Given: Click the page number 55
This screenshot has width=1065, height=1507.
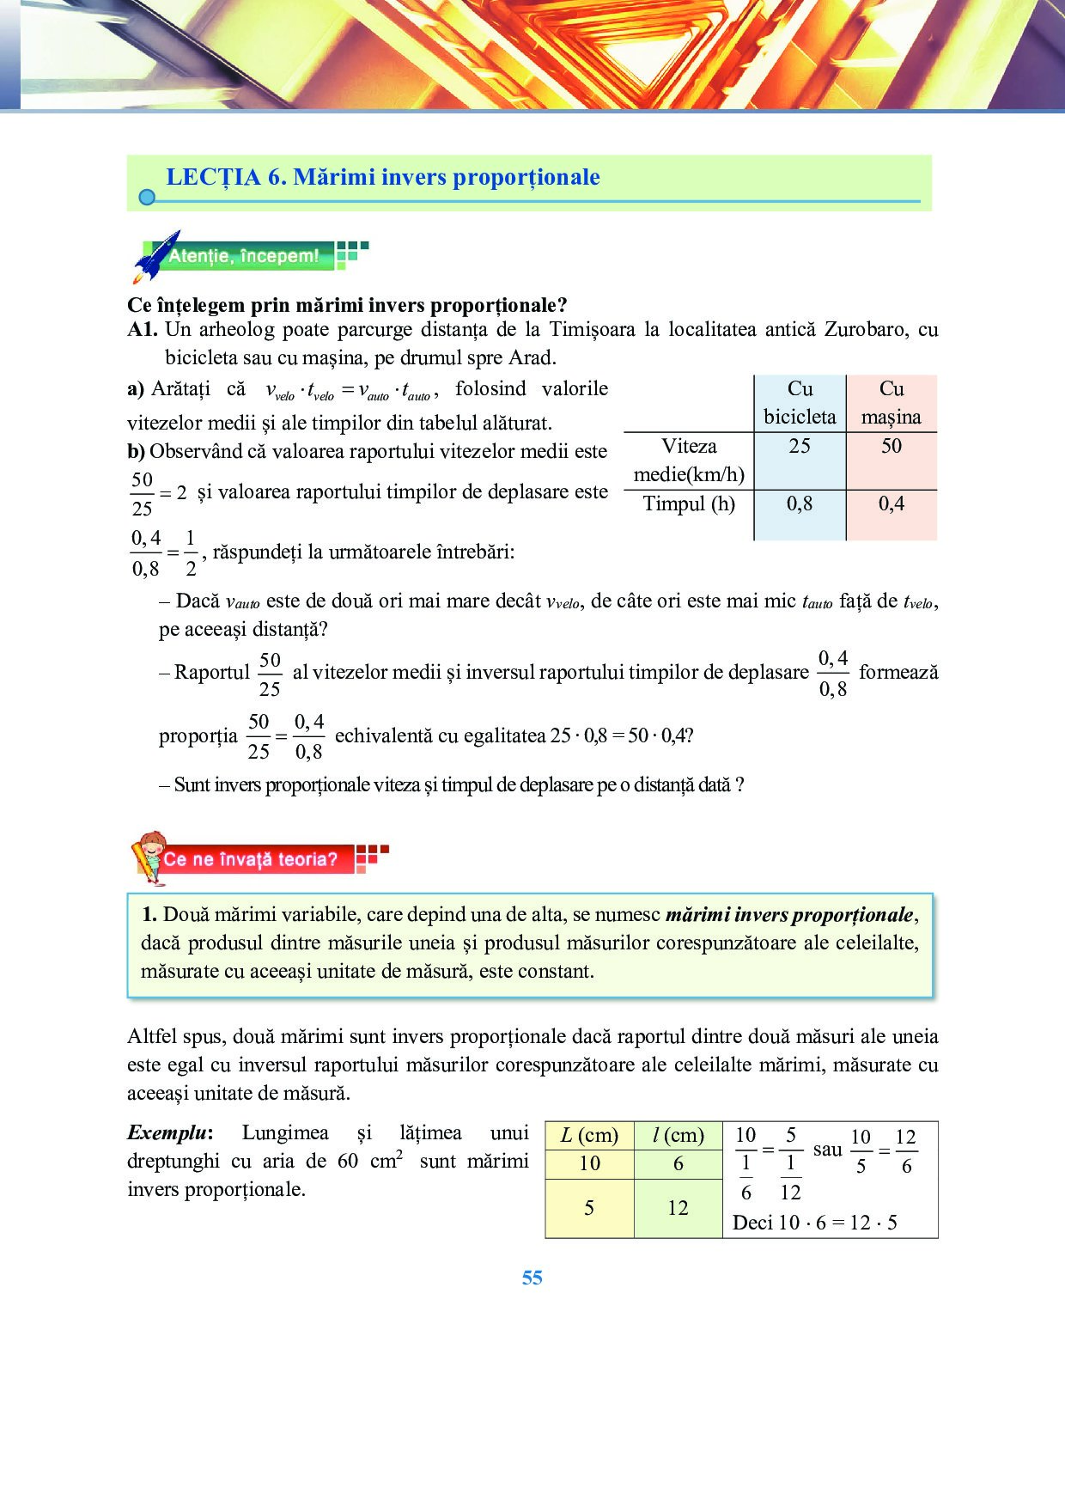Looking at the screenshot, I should [532, 1278].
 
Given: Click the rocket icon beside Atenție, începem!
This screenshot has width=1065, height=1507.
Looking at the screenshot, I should [156, 256].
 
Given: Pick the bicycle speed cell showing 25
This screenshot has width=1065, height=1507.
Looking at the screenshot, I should [800, 446].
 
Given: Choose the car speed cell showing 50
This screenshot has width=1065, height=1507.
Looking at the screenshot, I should [892, 446].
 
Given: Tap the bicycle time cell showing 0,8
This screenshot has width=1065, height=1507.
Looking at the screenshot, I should [800, 503].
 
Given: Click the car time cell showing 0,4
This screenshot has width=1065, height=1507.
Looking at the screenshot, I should [892, 503].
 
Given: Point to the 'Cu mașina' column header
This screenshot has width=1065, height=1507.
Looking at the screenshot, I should [892, 403].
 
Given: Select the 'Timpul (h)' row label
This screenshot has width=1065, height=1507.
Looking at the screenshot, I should [689, 503].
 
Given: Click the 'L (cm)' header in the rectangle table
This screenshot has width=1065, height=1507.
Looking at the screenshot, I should [589, 1135].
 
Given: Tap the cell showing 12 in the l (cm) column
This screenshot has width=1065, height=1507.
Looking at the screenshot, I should [678, 1208].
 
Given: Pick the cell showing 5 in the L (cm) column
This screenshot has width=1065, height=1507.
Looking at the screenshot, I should [589, 1208].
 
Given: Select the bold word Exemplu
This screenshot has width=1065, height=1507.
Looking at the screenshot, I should [168, 1133].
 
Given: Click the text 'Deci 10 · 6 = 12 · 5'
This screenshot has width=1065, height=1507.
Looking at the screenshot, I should [814, 1223].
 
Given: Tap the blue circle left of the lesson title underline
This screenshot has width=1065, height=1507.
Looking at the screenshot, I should [147, 198].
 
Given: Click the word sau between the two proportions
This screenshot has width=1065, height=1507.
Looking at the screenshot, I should [827, 1150].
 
